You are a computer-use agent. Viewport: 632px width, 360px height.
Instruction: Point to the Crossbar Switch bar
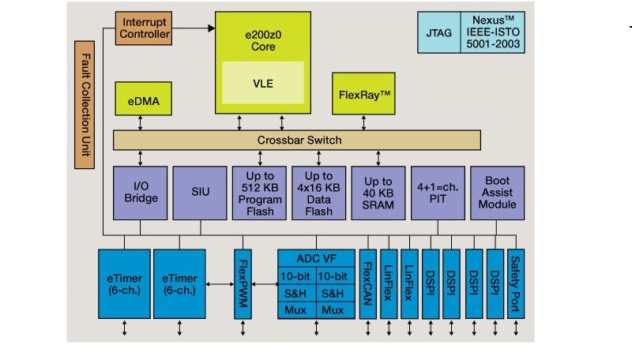click(x=296, y=141)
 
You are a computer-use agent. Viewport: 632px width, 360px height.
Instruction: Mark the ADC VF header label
click(x=316, y=257)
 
